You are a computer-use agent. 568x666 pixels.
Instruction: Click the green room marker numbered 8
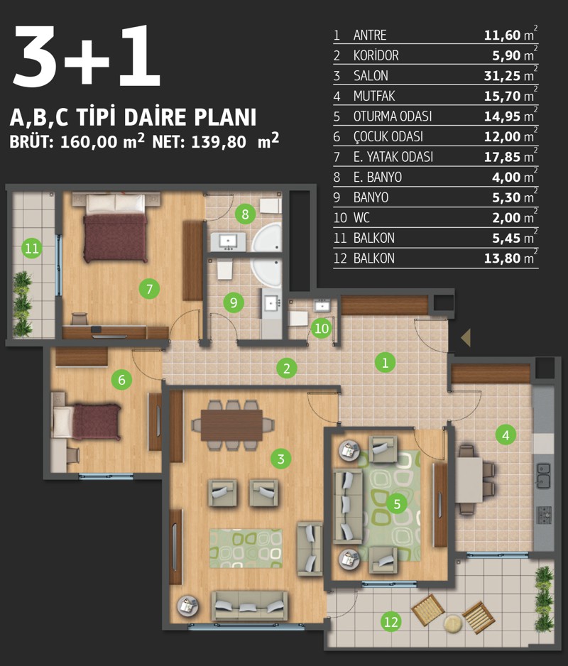(x=245, y=214)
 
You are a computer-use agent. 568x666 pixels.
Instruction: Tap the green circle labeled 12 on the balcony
(x=390, y=622)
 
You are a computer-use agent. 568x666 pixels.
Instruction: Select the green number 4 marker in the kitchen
(x=506, y=435)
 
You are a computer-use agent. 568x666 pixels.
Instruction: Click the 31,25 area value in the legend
(x=502, y=75)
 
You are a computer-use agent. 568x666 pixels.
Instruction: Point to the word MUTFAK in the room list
(x=374, y=96)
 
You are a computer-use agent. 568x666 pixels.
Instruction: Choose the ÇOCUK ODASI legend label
(x=388, y=136)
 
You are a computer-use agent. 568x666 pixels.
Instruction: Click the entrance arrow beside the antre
(x=466, y=338)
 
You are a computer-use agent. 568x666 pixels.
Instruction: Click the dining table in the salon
(x=231, y=425)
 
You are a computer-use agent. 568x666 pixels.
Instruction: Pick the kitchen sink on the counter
(x=544, y=475)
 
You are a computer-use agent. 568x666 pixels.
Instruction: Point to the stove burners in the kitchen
(x=545, y=515)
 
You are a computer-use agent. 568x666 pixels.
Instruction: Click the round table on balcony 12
(x=453, y=623)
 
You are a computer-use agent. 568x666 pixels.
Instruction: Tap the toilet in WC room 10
(x=298, y=319)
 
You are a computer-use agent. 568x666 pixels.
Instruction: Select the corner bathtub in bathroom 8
(x=267, y=238)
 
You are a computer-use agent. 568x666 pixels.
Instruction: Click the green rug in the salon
(x=246, y=548)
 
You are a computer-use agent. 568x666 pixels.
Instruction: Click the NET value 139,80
(x=219, y=142)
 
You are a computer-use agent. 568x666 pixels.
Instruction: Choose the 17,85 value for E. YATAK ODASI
(x=502, y=157)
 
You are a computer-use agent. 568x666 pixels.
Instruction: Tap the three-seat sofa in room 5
(x=347, y=506)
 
